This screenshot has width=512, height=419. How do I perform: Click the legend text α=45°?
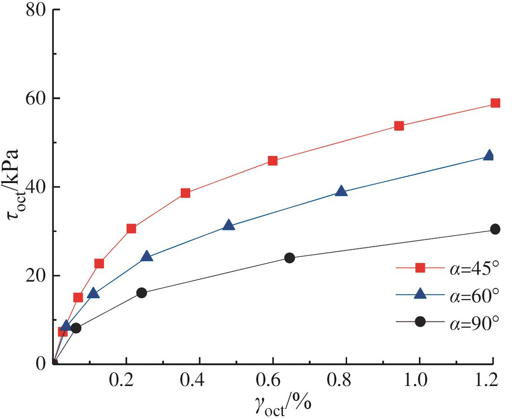point(475,268)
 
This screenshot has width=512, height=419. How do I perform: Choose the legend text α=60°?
point(475,295)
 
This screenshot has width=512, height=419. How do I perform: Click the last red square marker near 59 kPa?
point(495,103)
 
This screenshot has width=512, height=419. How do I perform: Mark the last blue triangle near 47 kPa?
point(489,155)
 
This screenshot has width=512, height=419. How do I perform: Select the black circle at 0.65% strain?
point(290,258)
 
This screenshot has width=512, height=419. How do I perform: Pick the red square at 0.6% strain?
point(272,161)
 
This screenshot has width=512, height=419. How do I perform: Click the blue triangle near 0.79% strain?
point(341,191)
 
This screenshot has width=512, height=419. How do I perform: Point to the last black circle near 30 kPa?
point(495,229)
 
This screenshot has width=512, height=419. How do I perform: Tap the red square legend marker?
point(420,268)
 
